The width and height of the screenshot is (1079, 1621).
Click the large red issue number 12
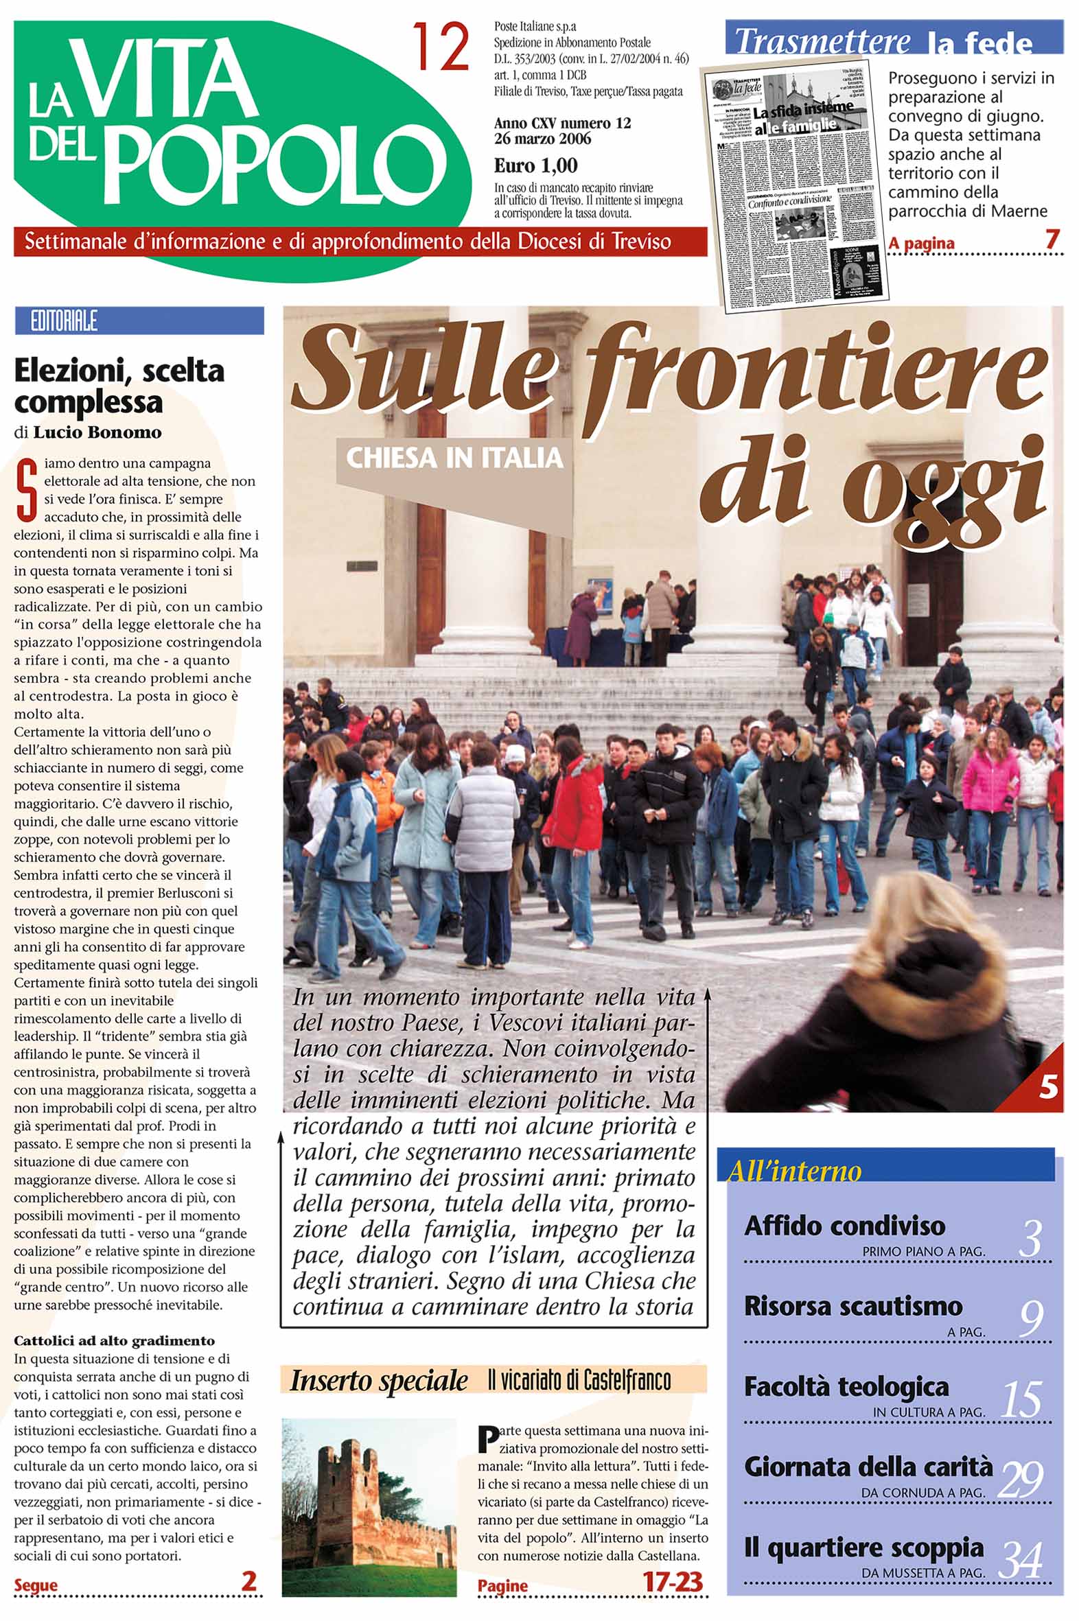441,47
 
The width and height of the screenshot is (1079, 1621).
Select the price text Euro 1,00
535,166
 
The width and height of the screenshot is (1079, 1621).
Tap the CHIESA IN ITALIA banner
454,458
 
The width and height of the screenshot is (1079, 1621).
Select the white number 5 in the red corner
1047,1088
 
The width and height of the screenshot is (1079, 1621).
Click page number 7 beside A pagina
1051,240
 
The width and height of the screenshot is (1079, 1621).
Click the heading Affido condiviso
844,1226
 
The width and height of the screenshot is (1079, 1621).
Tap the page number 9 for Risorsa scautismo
1030,1318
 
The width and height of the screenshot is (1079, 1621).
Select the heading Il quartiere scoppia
863,1548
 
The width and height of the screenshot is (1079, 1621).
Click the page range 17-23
673,1582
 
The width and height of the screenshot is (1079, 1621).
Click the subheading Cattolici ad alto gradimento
114,1340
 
